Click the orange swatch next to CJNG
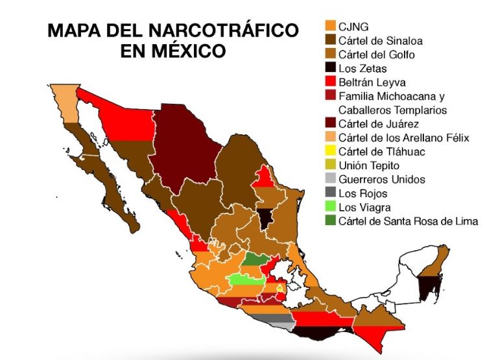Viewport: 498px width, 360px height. pos(330,26)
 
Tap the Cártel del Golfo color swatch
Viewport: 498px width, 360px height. pos(330,54)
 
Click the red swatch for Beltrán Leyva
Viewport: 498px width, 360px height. pos(330,82)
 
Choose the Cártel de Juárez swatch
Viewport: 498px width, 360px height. pos(330,124)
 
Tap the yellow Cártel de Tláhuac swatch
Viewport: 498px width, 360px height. pos(330,152)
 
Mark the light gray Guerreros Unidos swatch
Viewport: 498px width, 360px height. pos(330,180)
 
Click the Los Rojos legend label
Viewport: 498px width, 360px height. pos(363,193)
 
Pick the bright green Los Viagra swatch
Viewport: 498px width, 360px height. pos(330,208)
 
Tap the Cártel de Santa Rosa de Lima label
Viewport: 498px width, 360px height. pos(409,221)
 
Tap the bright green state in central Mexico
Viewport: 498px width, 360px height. pos(246,280)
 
